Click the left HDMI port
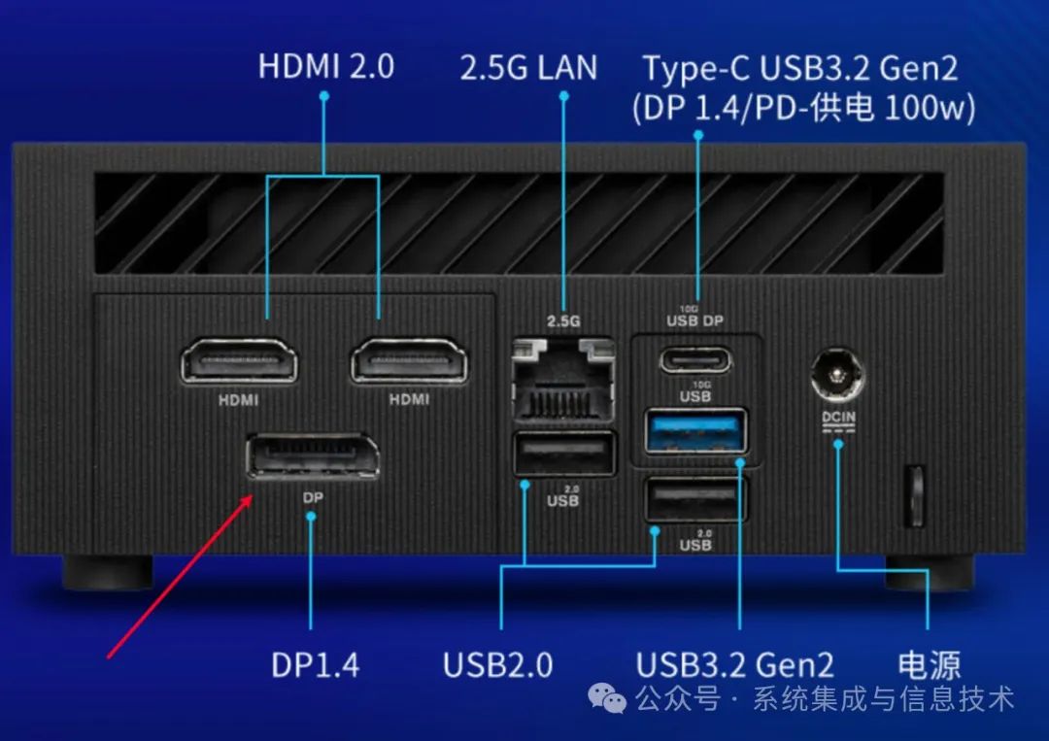click(x=239, y=361)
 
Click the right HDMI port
click(x=409, y=361)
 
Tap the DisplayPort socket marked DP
click(x=312, y=457)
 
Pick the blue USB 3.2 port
click(x=696, y=430)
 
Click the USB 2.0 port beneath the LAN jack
click(x=563, y=454)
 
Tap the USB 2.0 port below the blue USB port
click(x=696, y=499)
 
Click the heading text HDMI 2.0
click(x=326, y=67)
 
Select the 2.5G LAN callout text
click(x=528, y=68)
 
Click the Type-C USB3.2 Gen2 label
click(x=800, y=69)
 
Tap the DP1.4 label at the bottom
click(x=315, y=665)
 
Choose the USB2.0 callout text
click(x=498, y=665)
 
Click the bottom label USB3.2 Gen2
click(x=735, y=665)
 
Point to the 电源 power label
click(x=930, y=665)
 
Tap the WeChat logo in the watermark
click(x=611, y=698)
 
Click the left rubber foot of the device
click(x=107, y=572)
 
